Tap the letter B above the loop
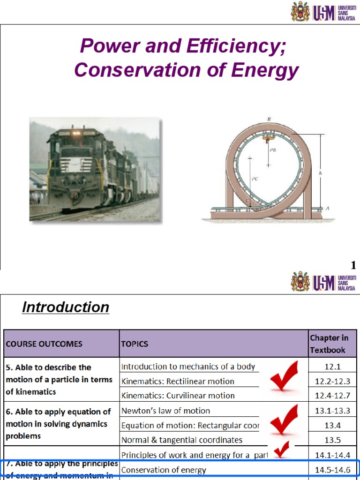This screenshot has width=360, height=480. pyautogui.click(x=269, y=120)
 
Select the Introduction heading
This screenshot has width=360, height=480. pyautogui.click(x=66, y=307)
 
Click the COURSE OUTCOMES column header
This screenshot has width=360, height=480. pyautogui.click(x=44, y=344)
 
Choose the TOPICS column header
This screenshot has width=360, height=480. pyautogui.click(x=135, y=344)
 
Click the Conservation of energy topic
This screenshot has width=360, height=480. pyautogui.click(x=163, y=470)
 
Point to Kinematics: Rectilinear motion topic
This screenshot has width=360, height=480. pyautogui.click(x=178, y=381)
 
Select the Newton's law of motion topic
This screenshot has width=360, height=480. pyautogui.click(x=165, y=411)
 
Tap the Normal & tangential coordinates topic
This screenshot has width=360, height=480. pyautogui.click(x=182, y=440)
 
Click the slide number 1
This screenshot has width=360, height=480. pyautogui.click(x=353, y=266)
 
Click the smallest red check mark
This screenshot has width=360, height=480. pyautogui.click(x=282, y=450)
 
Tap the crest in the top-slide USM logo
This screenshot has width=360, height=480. pyautogui.click(x=300, y=11)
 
